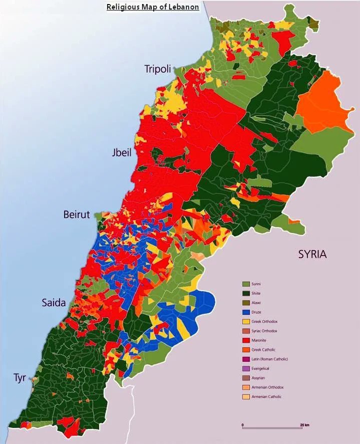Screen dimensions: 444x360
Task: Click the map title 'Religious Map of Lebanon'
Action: point(153,7)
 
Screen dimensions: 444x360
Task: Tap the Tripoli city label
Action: point(158,69)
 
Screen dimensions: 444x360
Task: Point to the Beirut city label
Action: point(77,214)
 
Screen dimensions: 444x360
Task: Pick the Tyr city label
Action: point(20,377)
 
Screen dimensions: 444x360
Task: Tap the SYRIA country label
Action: point(312,254)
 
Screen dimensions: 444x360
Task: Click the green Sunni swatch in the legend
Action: point(246,284)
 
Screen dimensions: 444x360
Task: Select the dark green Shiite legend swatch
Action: point(246,294)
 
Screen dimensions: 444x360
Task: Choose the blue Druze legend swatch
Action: point(246,312)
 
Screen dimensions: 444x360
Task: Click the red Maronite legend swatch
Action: point(246,340)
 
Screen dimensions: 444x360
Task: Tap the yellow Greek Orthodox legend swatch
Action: point(246,322)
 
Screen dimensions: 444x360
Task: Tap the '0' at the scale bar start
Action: point(243,425)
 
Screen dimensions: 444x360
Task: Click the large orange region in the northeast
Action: point(320,103)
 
